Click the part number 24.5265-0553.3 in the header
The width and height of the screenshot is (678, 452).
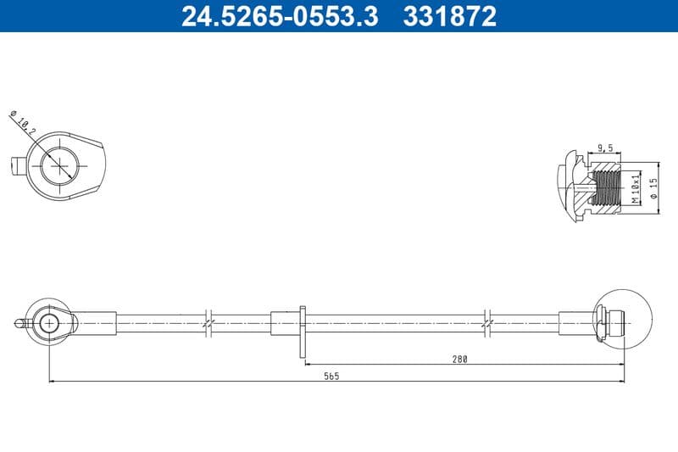click(280, 16)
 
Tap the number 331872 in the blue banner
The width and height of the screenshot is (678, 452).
click(450, 16)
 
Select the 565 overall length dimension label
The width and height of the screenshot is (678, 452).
click(331, 377)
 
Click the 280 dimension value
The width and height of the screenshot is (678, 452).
click(459, 359)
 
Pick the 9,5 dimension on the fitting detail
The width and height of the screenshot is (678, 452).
click(605, 148)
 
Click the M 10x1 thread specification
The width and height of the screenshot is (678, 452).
click(635, 189)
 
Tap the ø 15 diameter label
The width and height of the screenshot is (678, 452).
click(653, 188)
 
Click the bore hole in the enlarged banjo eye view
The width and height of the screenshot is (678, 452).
click(59, 165)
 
